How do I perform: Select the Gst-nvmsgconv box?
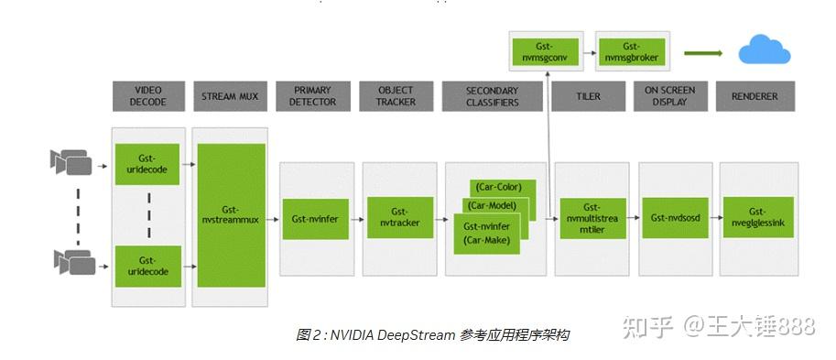pos(545,51)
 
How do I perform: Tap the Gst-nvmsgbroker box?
pos(630,51)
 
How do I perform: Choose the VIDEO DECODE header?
pos(148,96)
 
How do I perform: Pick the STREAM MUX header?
pos(231,96)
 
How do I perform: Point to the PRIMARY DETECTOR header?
pos(313,96)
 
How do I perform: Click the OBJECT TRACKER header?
pos(396,96)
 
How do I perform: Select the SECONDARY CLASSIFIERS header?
pos(493,96)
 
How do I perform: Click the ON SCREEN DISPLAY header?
pos(670,96)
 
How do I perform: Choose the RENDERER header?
pos(755,96)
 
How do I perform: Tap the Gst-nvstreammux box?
pos(232,215)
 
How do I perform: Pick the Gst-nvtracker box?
pos(398,218)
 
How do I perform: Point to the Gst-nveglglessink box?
pos(757,218)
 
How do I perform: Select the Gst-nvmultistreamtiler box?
pos(592,219)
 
